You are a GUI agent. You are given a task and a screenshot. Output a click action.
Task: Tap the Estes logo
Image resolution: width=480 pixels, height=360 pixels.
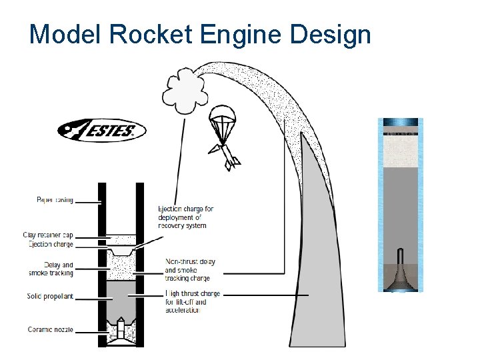click(x=101, y=131)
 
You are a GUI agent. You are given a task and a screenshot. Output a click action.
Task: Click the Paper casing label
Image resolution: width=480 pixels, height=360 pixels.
click(x=55, y=199)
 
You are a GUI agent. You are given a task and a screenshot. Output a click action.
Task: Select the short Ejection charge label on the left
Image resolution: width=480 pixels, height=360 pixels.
click(x=51, y=244)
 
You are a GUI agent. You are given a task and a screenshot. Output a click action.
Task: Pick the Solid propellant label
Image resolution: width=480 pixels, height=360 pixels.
click(x=50, y=296)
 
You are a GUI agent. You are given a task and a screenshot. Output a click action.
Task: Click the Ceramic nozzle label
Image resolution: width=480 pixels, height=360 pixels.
click(x=51, y=329)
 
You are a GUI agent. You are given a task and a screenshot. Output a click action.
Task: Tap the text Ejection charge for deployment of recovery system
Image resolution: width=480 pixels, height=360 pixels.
click(x=185, y=217)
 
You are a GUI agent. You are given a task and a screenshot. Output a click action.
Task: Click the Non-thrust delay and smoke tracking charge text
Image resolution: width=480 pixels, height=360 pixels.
click(x=189, y=270)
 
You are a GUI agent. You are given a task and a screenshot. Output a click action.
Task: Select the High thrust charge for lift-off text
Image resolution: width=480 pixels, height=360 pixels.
click(x=191, y=302)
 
